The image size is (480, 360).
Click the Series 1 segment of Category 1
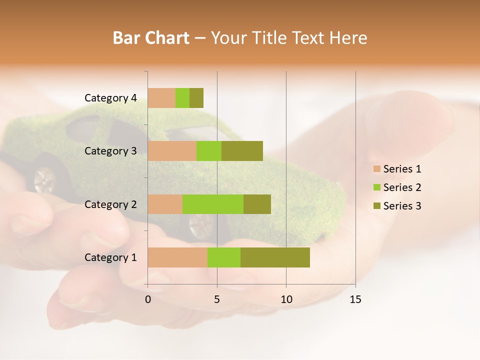click(x=177, y=257)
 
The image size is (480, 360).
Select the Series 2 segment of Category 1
click(x=224, y=257)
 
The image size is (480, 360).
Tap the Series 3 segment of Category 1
click(x=275, y=257)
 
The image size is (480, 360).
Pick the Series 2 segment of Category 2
click(x=213, y=204)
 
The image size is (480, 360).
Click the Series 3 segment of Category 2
click(x=257, y=204)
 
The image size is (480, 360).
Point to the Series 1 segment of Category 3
click(x=172, y=151)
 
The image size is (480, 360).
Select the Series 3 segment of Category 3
click(x=242, y=151)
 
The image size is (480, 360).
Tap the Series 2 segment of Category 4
click(x=182, y=98)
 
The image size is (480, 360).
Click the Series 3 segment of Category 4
click(x=196, y=98)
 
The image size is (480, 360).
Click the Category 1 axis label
click(x=110, y=257)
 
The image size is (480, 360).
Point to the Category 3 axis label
click(x=110, y=151)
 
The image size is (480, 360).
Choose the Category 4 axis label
click(x=110, y=98)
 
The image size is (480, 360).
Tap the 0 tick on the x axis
click(x=148, y=299)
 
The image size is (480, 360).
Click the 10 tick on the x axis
click(x=286, y=299)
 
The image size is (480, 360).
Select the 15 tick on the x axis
click(x=355, y=299)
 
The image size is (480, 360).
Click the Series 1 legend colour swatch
click(x=376, y=169)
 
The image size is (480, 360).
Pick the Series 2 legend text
click(x=402, y=187)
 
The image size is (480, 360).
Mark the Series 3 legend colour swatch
click(x=376, y=206)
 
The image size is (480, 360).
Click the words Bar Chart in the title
click(x=151, y=38)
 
